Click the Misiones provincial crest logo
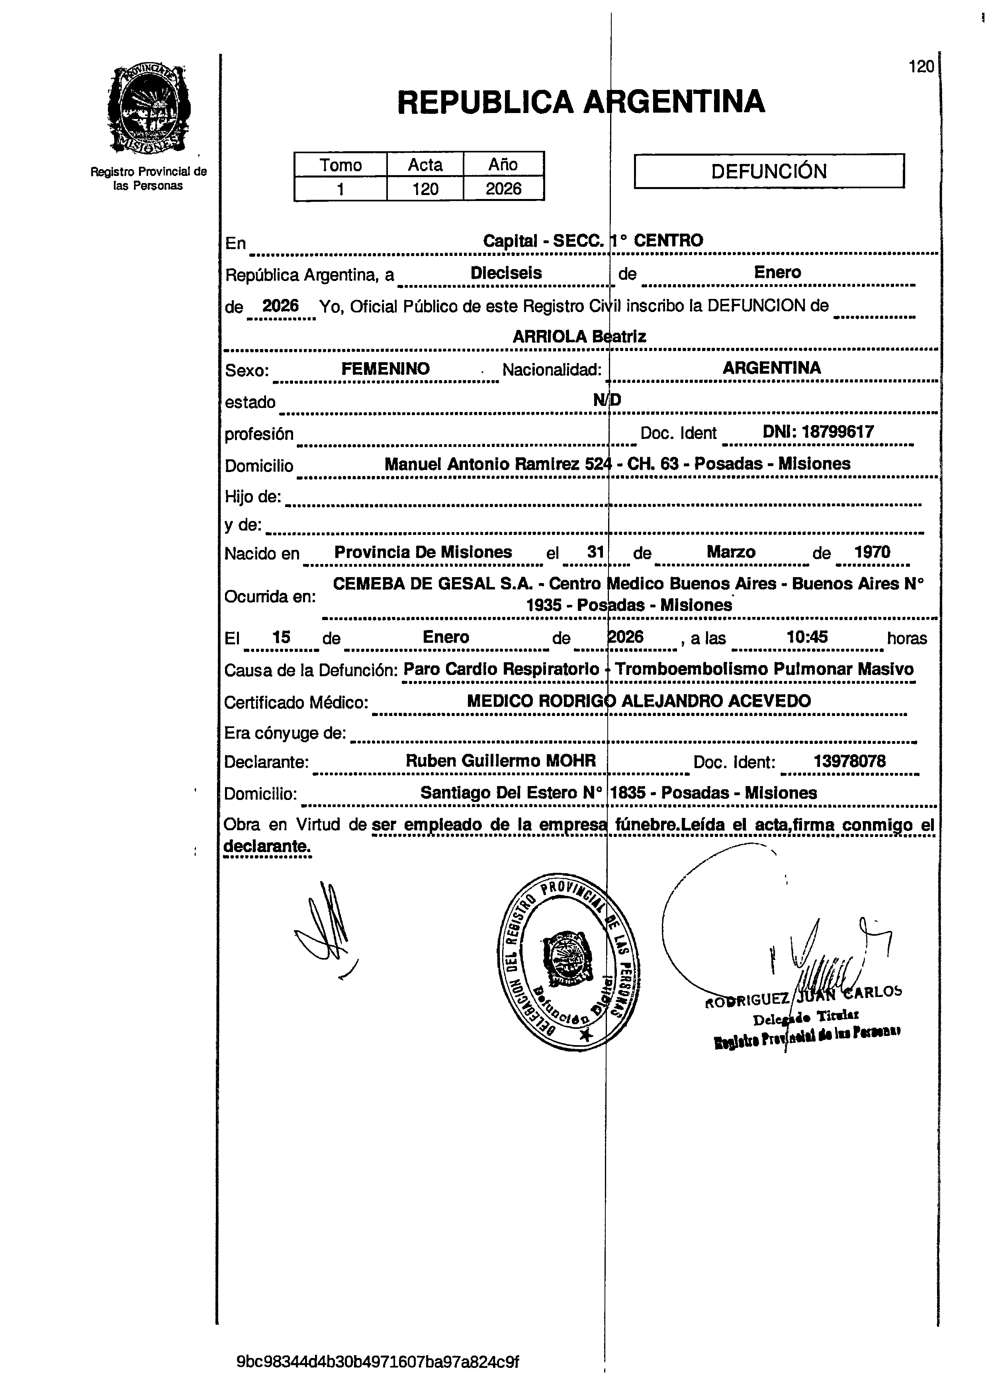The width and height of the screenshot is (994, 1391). tap(149, 109)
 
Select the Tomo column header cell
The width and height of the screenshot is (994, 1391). tap(340, 164)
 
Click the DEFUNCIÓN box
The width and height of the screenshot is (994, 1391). tap(769, 171)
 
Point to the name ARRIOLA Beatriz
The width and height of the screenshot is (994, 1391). tap(579, 336)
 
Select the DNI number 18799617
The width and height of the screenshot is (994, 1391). tap(837, 432)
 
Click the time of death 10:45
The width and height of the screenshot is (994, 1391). tap(807, 637)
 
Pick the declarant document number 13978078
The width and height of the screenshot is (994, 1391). tap(849, 761)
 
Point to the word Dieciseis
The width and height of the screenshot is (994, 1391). tap(506, 273)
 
